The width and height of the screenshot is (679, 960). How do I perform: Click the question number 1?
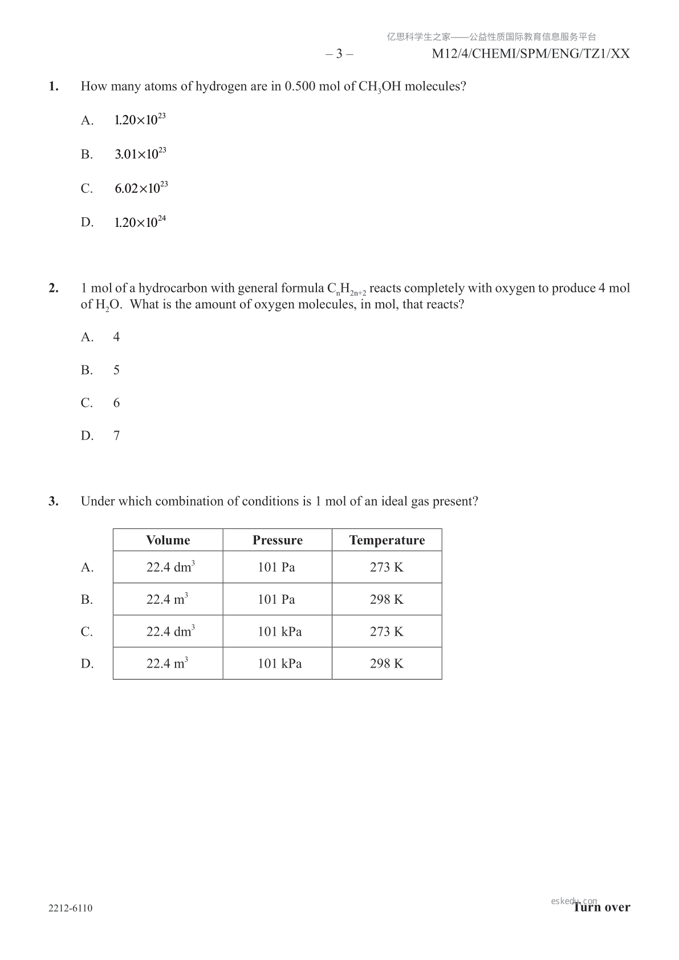click(x=54, y=87)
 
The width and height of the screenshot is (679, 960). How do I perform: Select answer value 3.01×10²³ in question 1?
click(x=140, y=154)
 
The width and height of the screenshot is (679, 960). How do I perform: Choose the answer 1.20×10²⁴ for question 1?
click(x=140, y=222)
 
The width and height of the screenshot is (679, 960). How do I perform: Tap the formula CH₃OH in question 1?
click(x=380, y=87)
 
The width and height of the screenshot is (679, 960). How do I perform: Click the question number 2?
click(x=54, y=288)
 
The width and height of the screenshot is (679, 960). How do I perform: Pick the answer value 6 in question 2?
click(x=116, y=403)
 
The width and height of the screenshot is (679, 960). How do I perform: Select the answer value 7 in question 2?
click(x=116, y=436)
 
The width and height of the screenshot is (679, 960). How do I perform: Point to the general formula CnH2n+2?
click(x=347, y=289)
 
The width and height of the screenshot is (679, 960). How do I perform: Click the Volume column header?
click(x=168, y=540)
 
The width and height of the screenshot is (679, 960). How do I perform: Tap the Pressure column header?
click(x=277, y=540)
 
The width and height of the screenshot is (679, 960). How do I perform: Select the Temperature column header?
click(x=387, y=540)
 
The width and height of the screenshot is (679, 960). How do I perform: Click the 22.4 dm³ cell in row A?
click(x=170, y=567)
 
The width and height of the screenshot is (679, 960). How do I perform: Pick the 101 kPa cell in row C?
click(x=279, y=632)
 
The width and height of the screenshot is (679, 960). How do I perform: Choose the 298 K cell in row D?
click(x=387, y=664)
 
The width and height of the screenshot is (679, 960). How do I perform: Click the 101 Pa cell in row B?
click(x=276, y=599)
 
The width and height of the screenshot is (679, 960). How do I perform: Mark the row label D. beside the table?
click(x=87, y=664)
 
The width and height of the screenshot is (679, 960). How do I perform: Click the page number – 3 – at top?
click(x=339, y=54)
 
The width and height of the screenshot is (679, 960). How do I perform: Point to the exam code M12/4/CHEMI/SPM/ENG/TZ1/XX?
click(x=531, y=54)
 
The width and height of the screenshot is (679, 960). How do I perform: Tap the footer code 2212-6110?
click(x=71, y=908)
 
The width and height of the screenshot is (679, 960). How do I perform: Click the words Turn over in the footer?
click(x=602, y=908)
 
